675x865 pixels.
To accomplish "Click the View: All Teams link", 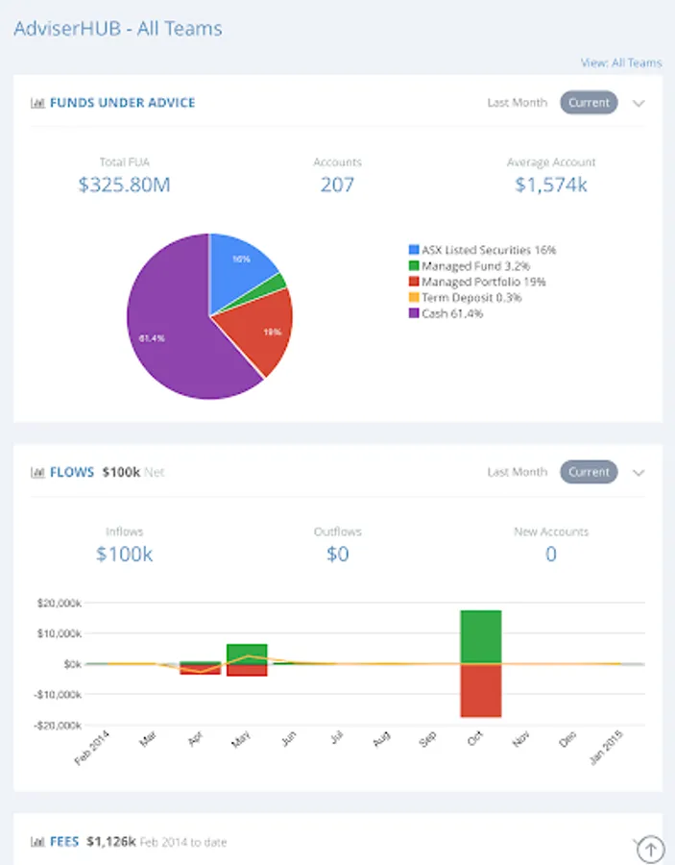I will click(x=621, y=63).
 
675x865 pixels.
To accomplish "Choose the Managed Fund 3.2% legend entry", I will click(x=470, y=266).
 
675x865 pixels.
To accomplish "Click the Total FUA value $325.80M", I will click(x=125, y=185).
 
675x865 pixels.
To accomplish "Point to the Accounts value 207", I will click(x=337, y=185).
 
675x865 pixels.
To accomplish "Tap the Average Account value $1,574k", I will click(x=551, y=185).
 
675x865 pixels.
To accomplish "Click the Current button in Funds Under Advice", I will click(x=589, y=103).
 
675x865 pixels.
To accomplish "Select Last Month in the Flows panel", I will click(x=517, y=472).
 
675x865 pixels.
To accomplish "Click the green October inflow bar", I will click(x=481, y=636).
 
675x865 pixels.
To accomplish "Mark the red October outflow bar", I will click(x=481, y=690).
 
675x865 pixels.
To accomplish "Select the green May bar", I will click(x=247, y=654).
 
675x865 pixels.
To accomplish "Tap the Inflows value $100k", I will click(x=125, y=554).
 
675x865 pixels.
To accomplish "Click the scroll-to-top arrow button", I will click(x=650, y=849).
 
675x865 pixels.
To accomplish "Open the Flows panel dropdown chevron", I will click(x=639, y=473).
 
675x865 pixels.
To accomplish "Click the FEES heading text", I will click(x=64, y=842).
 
